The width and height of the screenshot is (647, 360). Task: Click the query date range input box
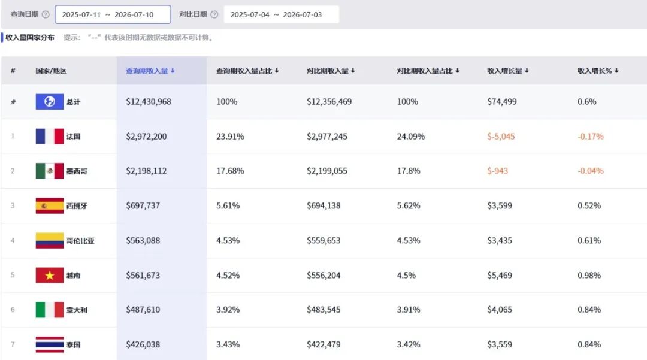coord(113,14)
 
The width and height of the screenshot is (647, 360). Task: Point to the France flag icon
coord(50,136)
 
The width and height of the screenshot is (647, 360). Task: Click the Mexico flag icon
coord(50,171)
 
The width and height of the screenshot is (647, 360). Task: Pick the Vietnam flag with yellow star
coord(50,275)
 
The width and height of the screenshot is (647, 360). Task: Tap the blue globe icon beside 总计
coord(50,101)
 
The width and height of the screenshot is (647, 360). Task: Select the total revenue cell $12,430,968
coord(149,101)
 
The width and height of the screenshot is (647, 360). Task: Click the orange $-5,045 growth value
coord(501,137)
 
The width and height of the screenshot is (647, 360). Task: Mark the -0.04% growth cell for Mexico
coord(591,171)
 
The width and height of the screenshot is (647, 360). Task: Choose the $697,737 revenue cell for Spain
coord(143,205)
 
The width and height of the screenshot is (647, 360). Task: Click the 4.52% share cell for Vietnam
coord(228,275)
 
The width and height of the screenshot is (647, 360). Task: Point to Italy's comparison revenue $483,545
coord(323,310)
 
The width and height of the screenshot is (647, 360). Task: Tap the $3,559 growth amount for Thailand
coord(500,344)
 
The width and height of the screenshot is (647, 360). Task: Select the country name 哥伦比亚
coord(80,240)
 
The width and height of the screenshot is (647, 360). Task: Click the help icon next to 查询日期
coord(46,14)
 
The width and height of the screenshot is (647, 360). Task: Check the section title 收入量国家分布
coord(30,38)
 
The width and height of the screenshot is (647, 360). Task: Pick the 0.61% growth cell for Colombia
coord(589,240)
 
